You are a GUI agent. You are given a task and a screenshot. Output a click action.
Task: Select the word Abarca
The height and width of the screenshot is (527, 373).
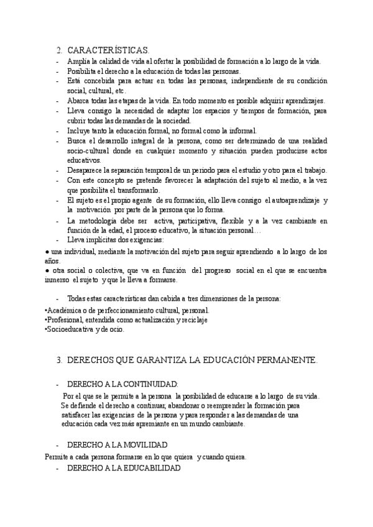pos(79,101)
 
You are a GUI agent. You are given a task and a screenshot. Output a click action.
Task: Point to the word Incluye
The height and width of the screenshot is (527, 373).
pos(80,131)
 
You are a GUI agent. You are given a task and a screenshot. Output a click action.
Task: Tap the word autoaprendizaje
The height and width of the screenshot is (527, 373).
pos(298,200)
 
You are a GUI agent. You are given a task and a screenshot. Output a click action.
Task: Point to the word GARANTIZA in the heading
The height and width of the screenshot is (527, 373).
pos(163,360)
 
